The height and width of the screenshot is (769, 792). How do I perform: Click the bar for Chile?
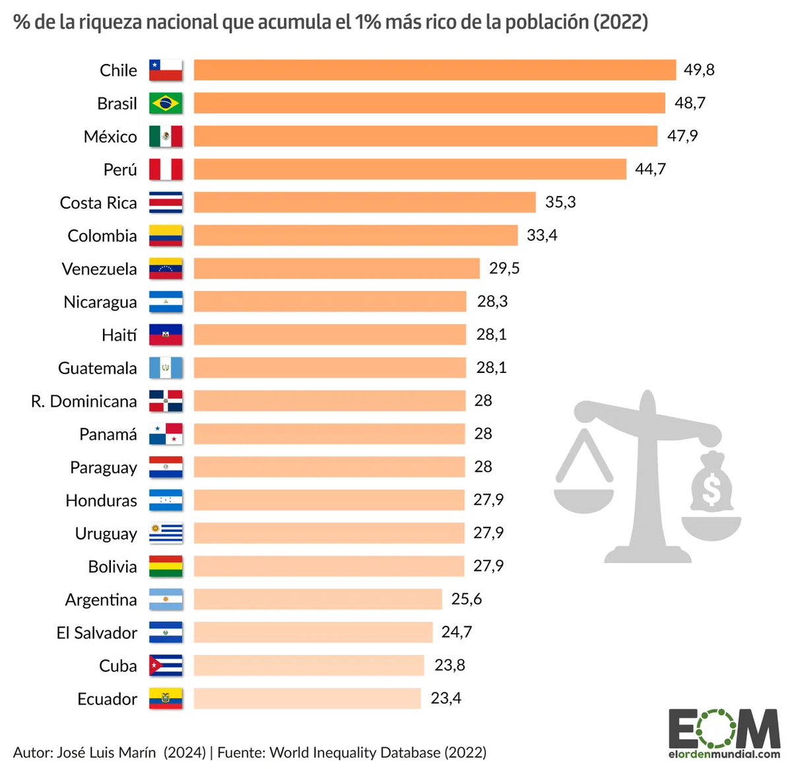tap(434, 70)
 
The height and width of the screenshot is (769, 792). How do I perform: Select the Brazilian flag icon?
tap(166, 103)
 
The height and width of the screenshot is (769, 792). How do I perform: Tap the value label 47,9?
tap(682, 136)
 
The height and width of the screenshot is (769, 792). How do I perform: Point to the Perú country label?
tap(120, 170)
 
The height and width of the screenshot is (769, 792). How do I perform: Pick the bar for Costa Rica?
tap(364, 202)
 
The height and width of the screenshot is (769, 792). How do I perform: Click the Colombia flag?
tap(166, 236)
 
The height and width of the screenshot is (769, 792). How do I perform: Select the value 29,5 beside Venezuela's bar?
tap(504, 268)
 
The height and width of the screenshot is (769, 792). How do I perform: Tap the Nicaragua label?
tap(100, 302)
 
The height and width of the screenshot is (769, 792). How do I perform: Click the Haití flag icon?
tap(166, 335)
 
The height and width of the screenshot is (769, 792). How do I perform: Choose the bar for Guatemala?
tap(329, 368)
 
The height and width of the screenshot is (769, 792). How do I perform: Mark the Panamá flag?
tap(166, 434)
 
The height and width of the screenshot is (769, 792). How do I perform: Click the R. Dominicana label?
tap(84, 401)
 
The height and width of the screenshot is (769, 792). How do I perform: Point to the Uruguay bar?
tap(329, 533)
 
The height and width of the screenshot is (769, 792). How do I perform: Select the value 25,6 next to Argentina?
tap(467, 599)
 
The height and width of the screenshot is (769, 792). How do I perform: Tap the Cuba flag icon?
tap(166, 665)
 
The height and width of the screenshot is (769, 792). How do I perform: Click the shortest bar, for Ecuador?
tap(307, 698)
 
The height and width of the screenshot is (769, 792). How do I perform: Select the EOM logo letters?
tap(723, 729)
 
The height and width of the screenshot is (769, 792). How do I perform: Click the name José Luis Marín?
tap(107, 752)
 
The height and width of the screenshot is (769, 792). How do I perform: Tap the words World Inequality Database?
tap(355, 752)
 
